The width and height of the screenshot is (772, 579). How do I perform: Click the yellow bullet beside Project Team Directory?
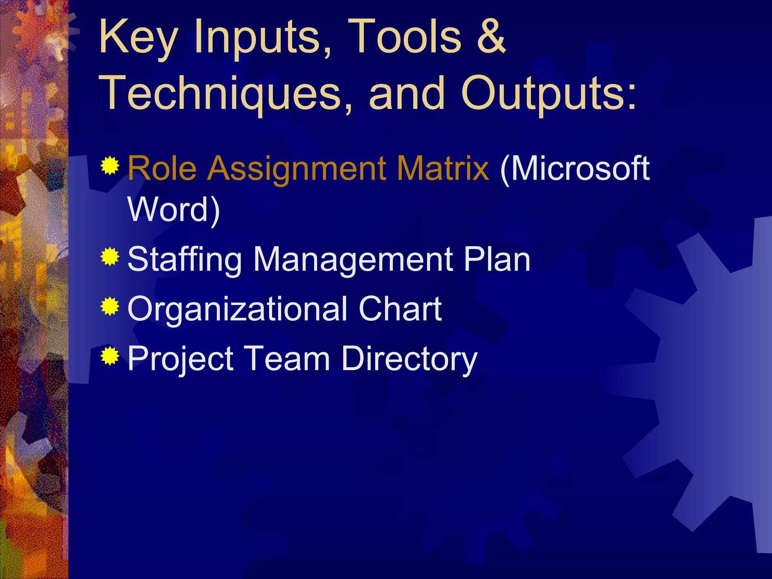pyautogui.click(x=110, y=356)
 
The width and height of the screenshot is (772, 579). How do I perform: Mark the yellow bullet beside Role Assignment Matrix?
pyautogui.click(x=110, y=166)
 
